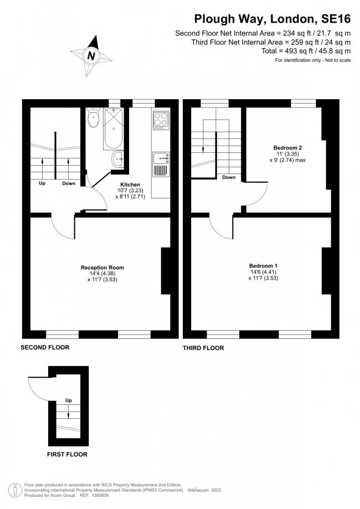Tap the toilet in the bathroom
click(x=92, y=116)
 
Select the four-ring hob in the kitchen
click(x=160, y=120)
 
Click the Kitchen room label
click(x=131, y=184)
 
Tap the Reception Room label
click(x=102, y=268)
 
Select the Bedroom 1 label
click(x=263, y=266)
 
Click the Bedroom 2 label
click(x=287, y=147)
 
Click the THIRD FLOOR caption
click(x=203, y=348)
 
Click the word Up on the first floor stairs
click(x=69, y=400)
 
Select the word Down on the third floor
click(x=229, y=178)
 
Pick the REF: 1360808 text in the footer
click(x=115, y=495)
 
